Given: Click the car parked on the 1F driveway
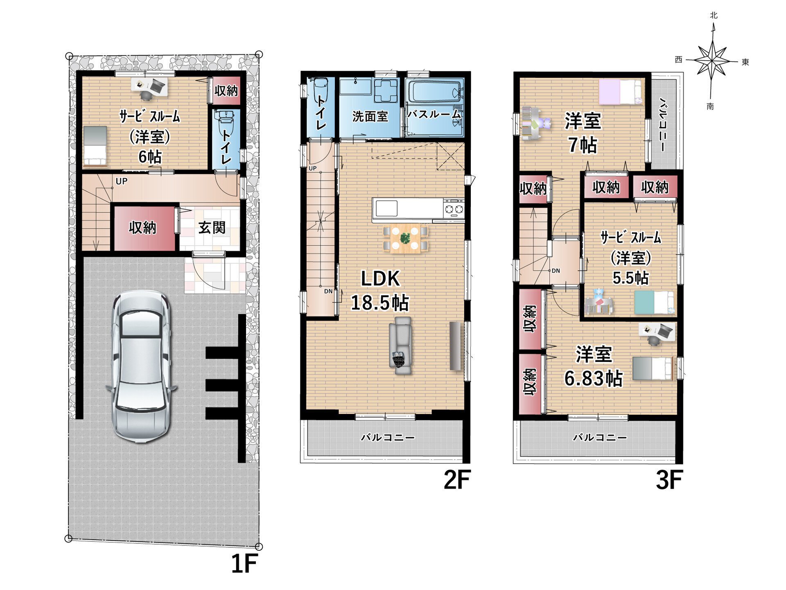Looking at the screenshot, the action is coord(141,366).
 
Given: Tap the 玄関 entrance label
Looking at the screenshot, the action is coord(212,228).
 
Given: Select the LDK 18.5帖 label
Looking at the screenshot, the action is coord(380,291).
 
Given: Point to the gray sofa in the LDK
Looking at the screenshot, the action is coord(400,345).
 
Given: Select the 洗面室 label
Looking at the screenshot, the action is coord(370,117).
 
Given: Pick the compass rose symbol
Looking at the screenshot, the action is coord(713,61).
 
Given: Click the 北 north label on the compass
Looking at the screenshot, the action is coord(714,16).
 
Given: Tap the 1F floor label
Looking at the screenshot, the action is coord(244,564).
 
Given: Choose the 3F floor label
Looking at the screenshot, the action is coord(669,480).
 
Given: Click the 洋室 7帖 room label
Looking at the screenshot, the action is coord(583,133).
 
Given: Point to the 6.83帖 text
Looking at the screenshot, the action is coord(594,378).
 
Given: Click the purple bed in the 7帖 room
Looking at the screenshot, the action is coord(620,92).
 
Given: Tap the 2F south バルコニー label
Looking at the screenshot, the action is coord(388,438).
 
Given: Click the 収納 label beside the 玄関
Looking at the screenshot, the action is coord(142,228).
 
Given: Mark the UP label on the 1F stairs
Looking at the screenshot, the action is coord(122,181).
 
